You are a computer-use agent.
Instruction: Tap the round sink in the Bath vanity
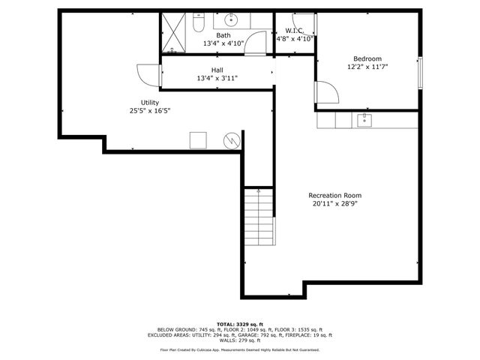pyautogui.click(x=231, y=20)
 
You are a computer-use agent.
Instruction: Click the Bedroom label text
pyautogui.click(x=367, y=59)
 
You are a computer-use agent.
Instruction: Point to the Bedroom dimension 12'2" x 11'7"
pyautogui.click(x=367, y=67)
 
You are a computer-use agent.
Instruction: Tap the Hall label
pyautogui.click(x=217, y=70)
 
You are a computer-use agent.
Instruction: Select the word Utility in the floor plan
pyautogui.click(x=150, y=103)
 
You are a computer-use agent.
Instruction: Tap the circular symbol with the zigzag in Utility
pyautogui.click(x=233, y=139)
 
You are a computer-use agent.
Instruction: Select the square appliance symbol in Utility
pyautogui.click(x=198, y=139)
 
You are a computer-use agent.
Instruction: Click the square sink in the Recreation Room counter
pyautogui.click(x=365, y=120)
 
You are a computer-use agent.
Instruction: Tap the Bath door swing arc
pyautogui.click(x=257, y=42)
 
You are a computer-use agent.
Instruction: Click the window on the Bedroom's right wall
pyautogui.click(x=420, y=71)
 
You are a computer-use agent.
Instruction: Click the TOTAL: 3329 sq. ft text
pyautogui.click(x=239, y=323)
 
